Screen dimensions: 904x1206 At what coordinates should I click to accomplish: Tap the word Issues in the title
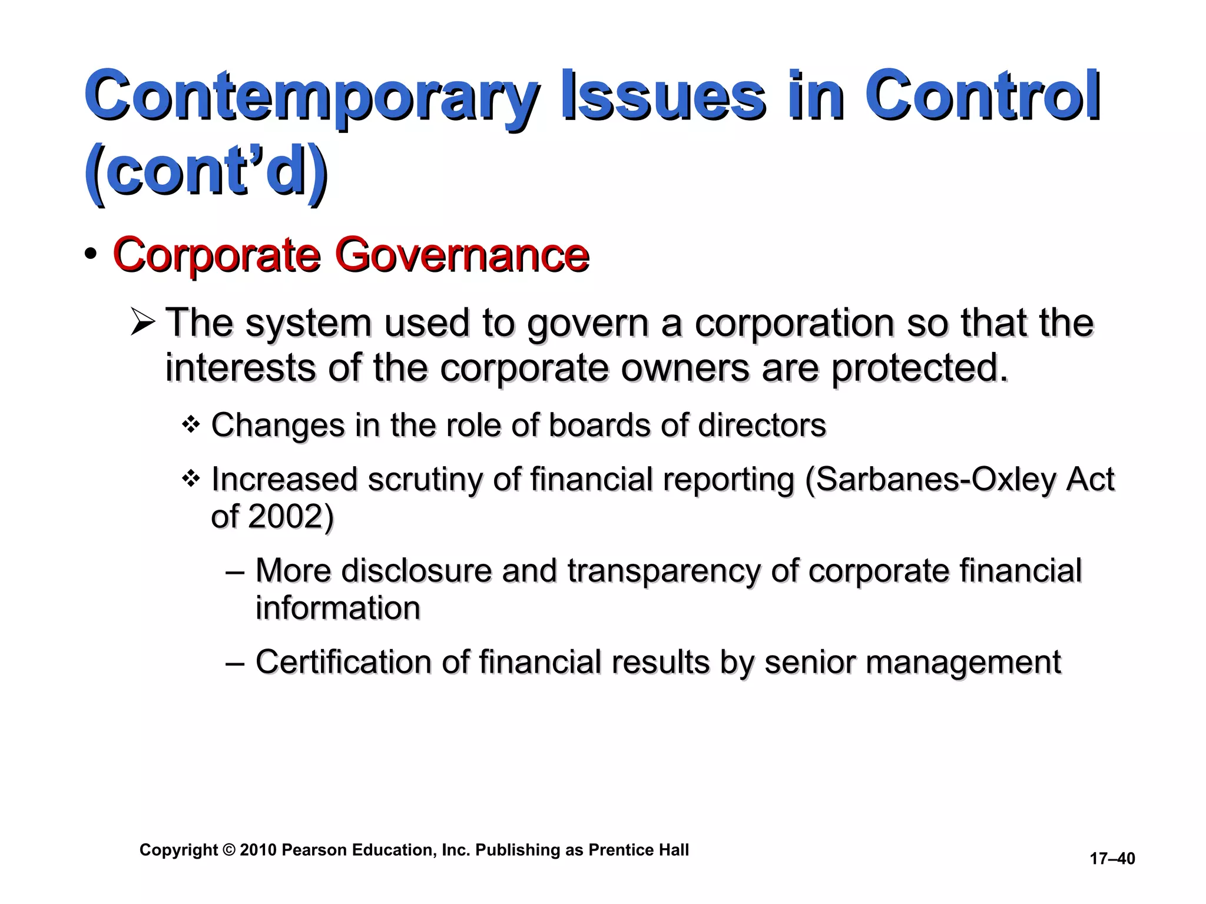tap(663, 96)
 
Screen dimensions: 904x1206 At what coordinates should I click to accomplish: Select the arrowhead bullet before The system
tap(143, 323)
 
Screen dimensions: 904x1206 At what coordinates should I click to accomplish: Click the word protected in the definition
tap(919, 368)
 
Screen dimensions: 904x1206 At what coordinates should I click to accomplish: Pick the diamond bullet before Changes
tap(190, 424)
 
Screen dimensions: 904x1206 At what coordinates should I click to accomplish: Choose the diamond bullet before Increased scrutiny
tap(190, 478)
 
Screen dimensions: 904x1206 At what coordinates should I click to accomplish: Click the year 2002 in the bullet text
tap(286, 517)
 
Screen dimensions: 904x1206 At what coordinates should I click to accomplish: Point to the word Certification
tap(343, 662)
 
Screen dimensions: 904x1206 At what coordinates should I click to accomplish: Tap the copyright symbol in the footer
tap(228, 850)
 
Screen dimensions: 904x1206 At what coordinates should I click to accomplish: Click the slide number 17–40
tap(1112, 859)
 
